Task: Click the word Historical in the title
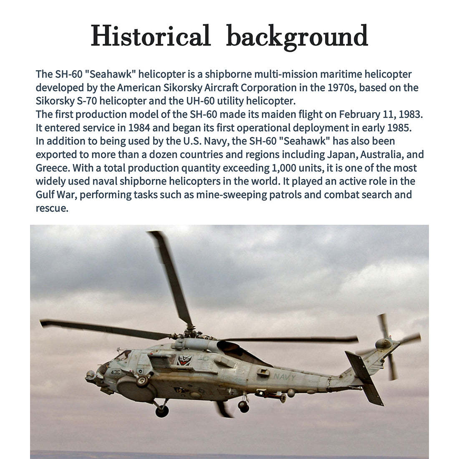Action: click(x=151, y=36)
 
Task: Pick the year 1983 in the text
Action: click(x=411, y=114)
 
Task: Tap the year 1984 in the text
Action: click(x=139, y=128)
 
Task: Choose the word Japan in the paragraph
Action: click(x=341, y=154)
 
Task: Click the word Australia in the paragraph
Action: click(x=381, y=154)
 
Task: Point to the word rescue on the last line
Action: click(x=51, y=208)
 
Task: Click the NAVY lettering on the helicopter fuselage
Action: click(x=284, y=377)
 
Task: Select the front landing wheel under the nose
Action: click(x=162, y=411)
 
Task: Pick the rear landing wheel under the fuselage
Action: click(x=244, y=406)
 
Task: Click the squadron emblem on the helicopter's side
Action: click(x=184, y=360)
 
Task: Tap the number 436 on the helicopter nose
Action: click(x=115, y=372)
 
